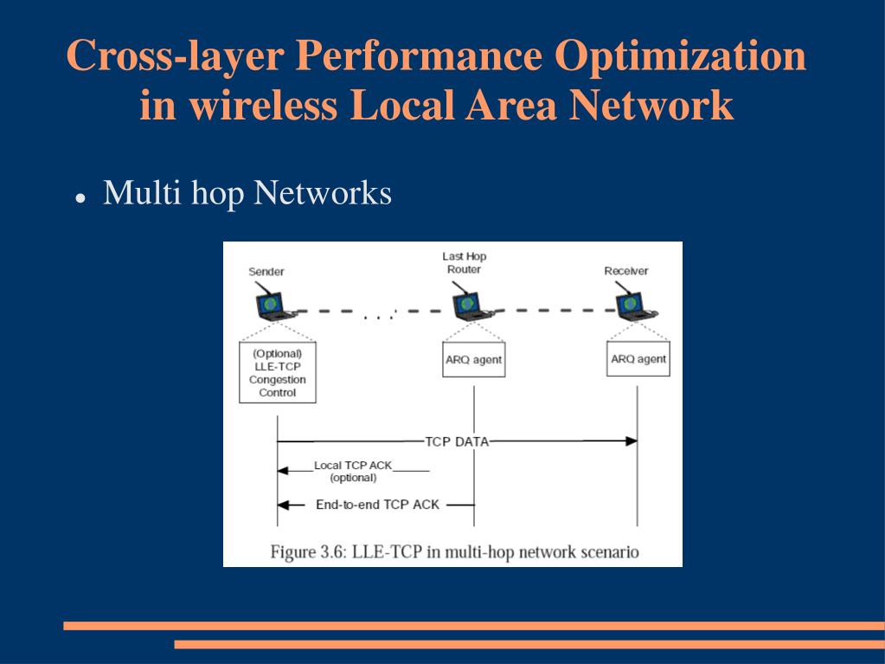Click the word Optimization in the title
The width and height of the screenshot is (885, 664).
(680, 57)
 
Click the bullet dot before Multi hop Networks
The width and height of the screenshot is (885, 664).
(80, 197)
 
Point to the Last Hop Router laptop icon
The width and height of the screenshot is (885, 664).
(468, 304)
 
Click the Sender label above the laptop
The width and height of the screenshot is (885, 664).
(266, 272)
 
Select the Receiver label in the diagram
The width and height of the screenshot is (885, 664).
(625, 271)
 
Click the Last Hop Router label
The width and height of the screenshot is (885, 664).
(465, 263)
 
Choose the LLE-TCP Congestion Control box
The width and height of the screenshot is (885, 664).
(277, 373)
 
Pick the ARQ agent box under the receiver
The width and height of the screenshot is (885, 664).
(638, 359)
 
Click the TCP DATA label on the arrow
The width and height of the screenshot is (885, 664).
(457, 442)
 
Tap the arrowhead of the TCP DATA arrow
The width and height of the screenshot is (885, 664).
(632, 442)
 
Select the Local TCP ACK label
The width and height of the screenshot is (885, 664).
(353, 466)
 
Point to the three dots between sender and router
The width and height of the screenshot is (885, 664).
(378, 318)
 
